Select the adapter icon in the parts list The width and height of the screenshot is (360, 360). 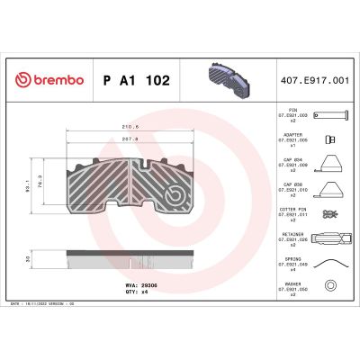330,139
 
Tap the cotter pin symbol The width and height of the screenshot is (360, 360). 330,215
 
